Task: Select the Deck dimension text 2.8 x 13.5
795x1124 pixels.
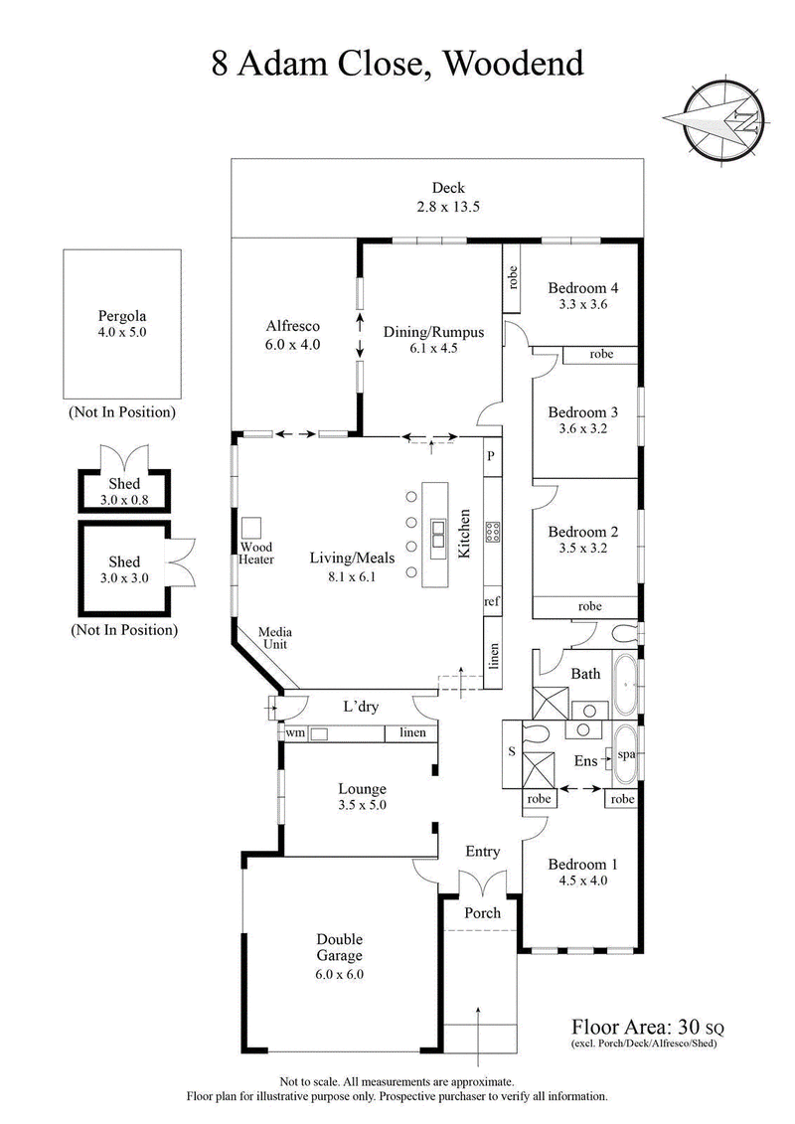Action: (x=447, y=208)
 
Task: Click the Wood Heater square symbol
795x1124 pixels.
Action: (x=251, y=526)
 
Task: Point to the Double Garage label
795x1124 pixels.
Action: (x=340, y=947)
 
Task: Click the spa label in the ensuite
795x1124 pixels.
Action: (x=626, y=754)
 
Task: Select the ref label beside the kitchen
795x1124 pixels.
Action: (x=491, y=601)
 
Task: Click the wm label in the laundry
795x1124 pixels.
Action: (x=295, y=732)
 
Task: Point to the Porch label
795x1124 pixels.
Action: (x=483, y=912)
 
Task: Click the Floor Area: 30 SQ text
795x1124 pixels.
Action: (x=645, y=1026)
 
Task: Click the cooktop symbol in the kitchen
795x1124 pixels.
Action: (x=492, y=532)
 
